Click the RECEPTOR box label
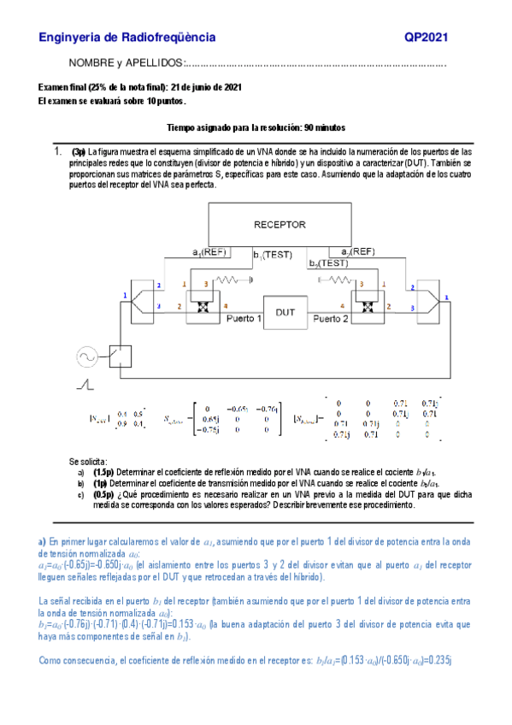280,225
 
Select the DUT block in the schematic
285,312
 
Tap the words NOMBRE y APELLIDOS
126,64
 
